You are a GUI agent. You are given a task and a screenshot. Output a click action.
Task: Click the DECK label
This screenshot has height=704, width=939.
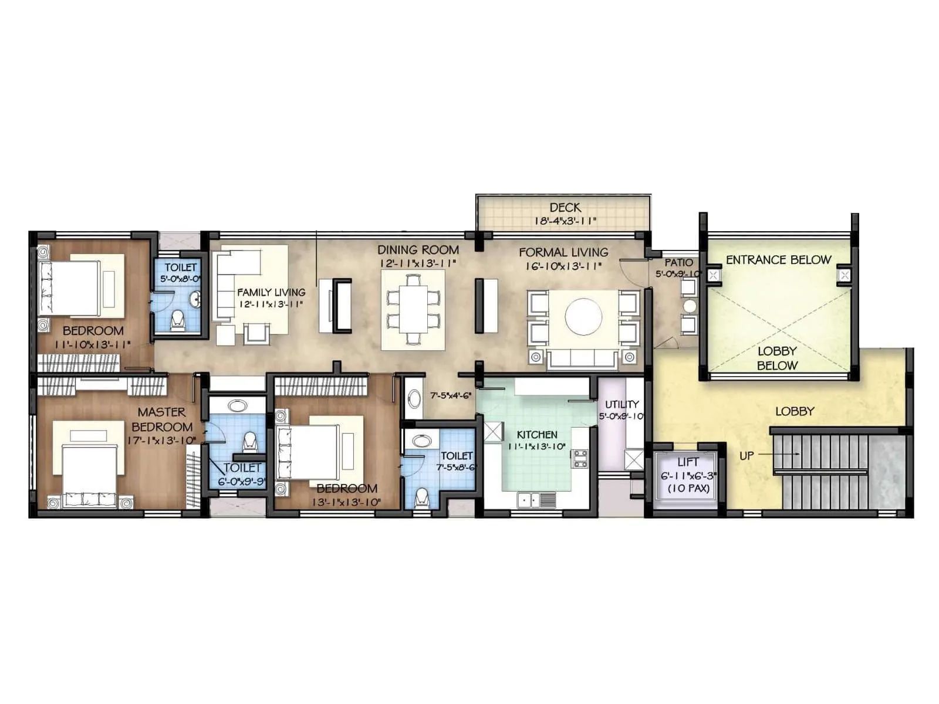click(565, 208)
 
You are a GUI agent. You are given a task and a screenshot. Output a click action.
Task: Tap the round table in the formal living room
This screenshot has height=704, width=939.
click(583, 317)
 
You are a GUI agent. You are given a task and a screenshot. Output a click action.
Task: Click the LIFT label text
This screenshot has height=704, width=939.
click(687, 462)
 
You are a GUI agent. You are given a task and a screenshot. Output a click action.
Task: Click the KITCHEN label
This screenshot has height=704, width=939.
click(537, 435)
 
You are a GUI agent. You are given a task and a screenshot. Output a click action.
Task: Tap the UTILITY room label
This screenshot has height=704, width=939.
click(622, 404)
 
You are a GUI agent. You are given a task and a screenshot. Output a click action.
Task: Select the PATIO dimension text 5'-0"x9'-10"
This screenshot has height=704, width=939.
click(678, 274)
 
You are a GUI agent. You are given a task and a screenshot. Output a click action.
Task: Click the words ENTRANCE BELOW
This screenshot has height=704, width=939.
click(778, 260)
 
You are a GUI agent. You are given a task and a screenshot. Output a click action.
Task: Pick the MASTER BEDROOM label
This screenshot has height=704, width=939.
click(162, 419)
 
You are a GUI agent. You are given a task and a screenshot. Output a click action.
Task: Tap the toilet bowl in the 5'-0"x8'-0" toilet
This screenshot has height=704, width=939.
click(177, 321)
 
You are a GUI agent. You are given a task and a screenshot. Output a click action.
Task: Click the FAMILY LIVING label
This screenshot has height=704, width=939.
click(271, 292)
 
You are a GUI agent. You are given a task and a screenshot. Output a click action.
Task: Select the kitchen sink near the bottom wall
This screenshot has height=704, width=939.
click(531, 500)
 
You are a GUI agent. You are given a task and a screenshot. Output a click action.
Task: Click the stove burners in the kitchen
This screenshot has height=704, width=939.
click(580, 458)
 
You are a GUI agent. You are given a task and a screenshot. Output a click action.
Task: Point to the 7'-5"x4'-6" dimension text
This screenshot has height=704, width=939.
click(451, 396)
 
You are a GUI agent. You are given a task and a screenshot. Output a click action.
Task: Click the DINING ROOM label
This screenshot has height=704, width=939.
click(418, 250)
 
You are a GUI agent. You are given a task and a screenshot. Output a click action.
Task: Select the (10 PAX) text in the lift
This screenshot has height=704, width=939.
click(688, 488)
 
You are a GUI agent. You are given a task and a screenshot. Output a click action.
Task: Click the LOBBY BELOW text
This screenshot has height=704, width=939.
click(777, 358)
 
